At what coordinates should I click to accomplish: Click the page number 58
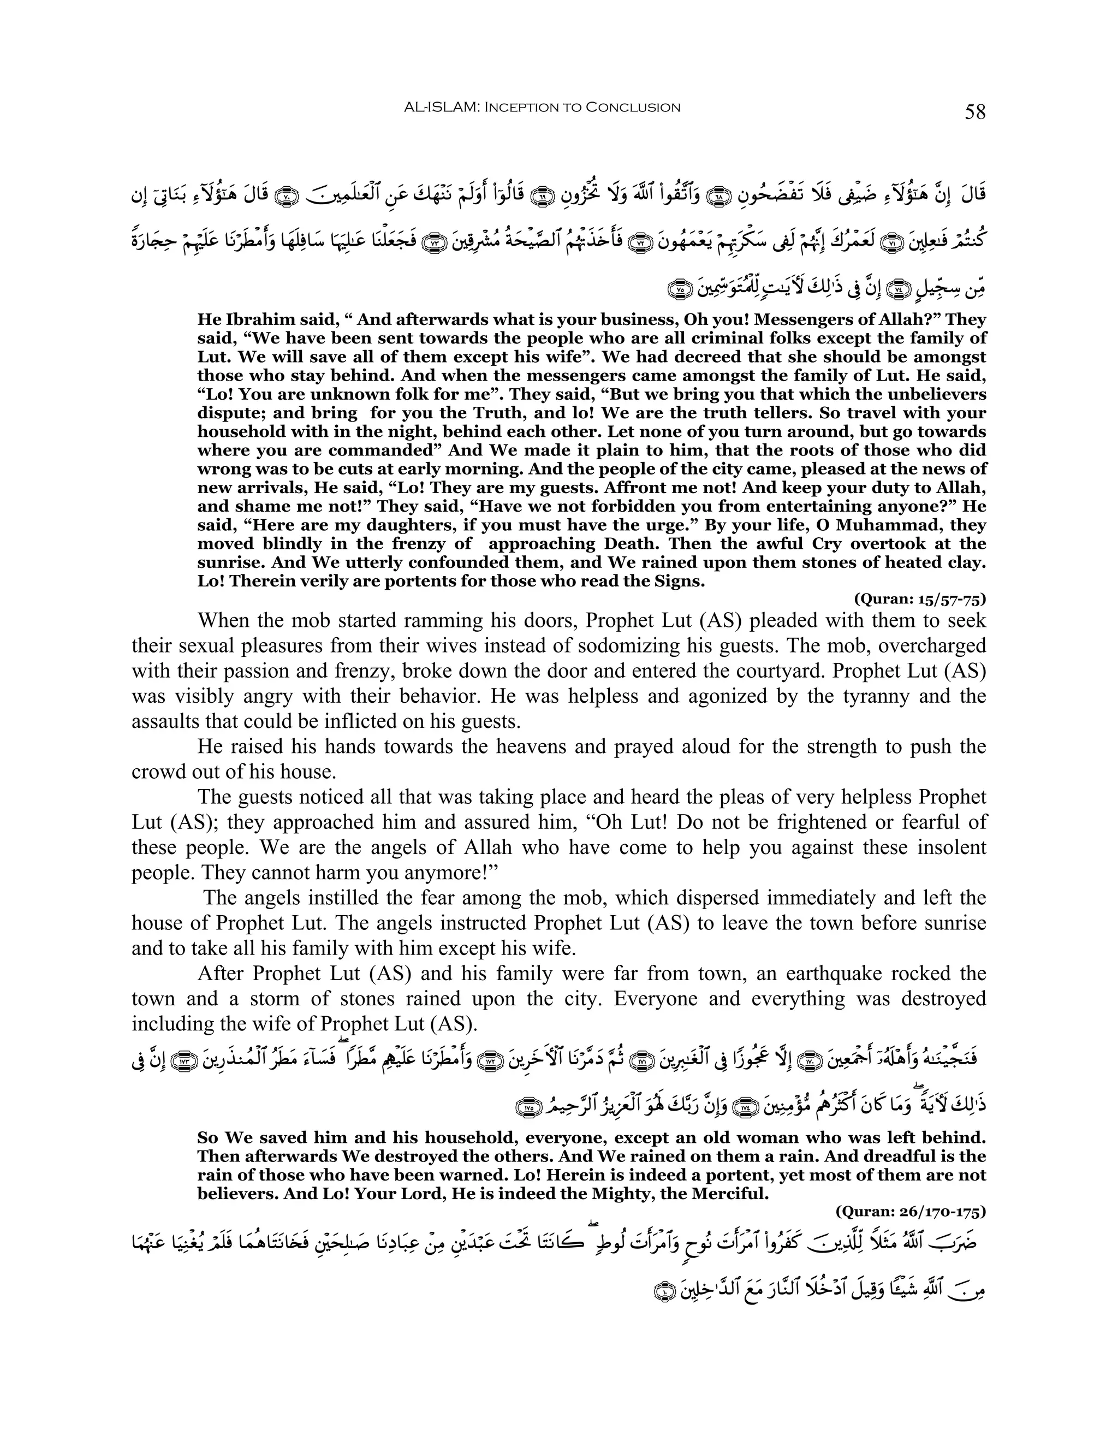click(975, 112)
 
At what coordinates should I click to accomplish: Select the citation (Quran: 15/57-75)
click(920, 599)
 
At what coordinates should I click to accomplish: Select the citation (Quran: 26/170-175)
click(911, 1211)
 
